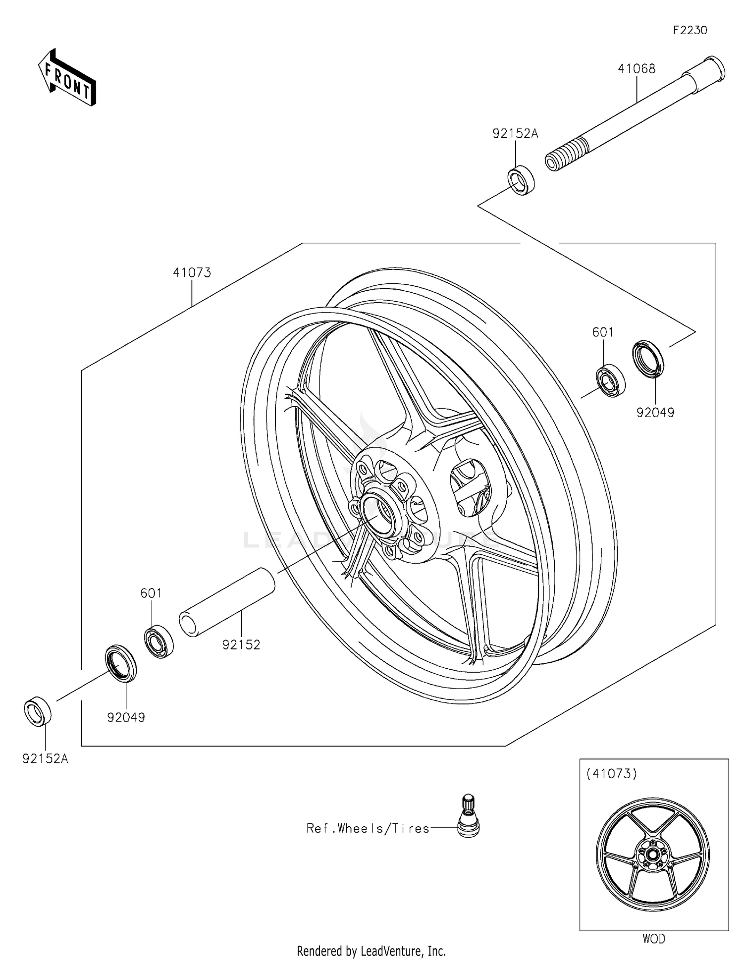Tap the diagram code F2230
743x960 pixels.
pos(690,30)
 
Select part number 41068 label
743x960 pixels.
pos(636,69)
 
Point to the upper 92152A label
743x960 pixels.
pos(515,133)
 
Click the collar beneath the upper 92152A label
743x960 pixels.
pos(521,181)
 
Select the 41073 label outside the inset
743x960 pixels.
pos(192,272)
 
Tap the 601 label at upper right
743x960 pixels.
pos(603,332)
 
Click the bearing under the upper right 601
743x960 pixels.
pos(610,380)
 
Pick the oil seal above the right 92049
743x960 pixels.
pos(648,359)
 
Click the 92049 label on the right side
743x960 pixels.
pos(655,412)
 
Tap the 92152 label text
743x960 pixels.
pos(241,644)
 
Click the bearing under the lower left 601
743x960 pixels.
pos(159,642)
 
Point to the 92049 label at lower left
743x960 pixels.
pos(126,717)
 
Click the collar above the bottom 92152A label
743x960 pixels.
pos(38,711)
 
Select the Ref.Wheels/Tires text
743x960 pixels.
pos(368,828)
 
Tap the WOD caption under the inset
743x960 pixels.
pos(653,939)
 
